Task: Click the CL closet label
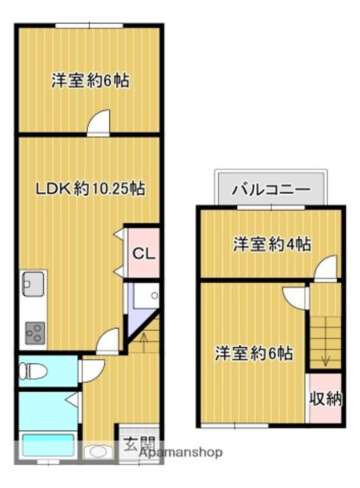tap(144, 254)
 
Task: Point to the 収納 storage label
tap(325, 399)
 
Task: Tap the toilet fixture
tap(32, 371)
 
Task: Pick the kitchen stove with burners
tap(34, 332)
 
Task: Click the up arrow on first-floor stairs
tap(143, 337)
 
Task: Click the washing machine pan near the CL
tap(144, 298)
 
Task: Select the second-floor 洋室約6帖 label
tap(254, 353)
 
